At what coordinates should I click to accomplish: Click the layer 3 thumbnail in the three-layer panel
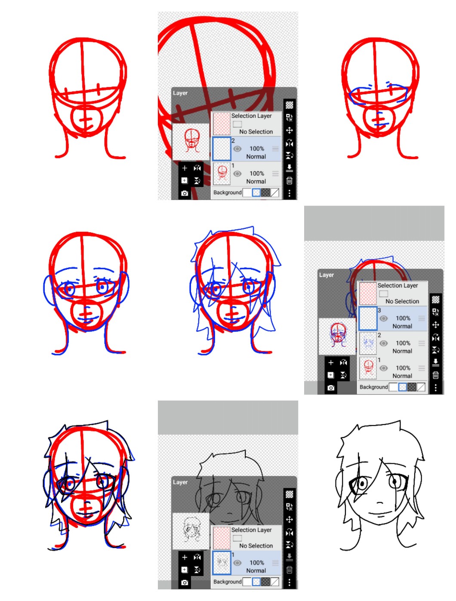367,318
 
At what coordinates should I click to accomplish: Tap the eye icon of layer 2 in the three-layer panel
383,343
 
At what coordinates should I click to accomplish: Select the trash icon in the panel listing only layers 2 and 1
290,181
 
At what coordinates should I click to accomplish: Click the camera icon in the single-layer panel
185,583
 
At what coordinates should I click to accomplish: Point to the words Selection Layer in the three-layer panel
397,285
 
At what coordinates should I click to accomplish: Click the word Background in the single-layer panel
228,582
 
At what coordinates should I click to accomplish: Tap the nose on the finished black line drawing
379,503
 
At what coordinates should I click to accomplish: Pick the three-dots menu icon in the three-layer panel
435,387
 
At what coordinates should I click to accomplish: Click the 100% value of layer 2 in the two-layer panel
257,149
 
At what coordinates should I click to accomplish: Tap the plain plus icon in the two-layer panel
185,168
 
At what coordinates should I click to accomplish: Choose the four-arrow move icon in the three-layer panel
435,325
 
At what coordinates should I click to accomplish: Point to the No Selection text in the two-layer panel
256,132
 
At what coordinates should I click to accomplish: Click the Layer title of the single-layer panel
180,482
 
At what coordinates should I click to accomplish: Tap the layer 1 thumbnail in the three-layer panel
367,368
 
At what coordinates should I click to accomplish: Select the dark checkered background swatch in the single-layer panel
265,582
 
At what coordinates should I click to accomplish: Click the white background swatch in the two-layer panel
247,192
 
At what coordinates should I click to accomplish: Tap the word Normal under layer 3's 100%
402,326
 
